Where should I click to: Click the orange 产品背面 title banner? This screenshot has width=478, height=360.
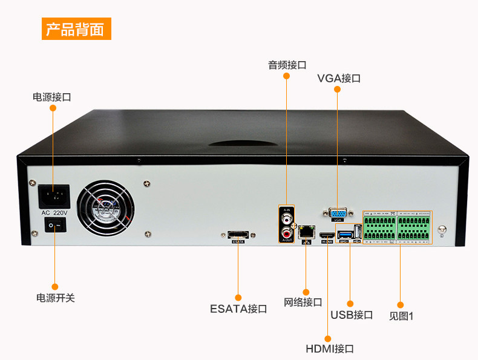pos(76,28)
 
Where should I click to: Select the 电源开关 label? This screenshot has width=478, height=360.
pos(56,298)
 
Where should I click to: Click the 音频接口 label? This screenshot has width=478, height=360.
pos(287,65)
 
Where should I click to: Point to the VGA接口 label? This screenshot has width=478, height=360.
pos(339,79)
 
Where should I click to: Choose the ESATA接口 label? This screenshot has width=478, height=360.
pos(238,309)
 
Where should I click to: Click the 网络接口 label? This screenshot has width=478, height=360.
pos(303,302)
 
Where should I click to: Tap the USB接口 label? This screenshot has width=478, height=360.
pos(352,315)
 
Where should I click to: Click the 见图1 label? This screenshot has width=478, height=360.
pos(401,315)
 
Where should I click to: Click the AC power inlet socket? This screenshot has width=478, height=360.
pos(54,196)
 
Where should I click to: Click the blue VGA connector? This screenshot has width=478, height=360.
pos(338,214)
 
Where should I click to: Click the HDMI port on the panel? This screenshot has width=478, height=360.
pos(327,235)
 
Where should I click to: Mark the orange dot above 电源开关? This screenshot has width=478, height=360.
pos(54,286)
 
